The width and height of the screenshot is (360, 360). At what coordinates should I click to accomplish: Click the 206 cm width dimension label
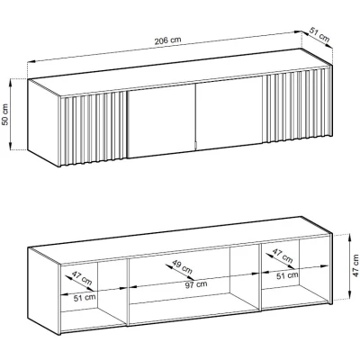click(167, 40)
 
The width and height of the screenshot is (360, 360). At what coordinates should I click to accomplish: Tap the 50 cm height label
click(5, 114)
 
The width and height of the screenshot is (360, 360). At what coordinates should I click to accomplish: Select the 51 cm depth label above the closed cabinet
click(319, 34)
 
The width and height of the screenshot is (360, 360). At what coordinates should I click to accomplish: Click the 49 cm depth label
click(182, 266)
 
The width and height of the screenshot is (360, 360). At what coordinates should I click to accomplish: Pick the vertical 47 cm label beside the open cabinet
click(355, 265)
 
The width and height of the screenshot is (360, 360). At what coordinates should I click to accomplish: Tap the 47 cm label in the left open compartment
click(81, 278)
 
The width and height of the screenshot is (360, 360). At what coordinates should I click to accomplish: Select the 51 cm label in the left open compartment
click(85, 298)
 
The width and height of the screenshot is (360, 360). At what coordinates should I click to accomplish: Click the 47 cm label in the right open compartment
click(283, 256)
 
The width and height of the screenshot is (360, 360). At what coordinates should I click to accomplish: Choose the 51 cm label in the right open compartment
click(287, 275)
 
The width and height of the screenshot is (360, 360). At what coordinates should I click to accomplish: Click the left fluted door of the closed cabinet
click(94, 129)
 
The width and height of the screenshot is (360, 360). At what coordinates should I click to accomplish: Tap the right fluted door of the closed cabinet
click(297, 105)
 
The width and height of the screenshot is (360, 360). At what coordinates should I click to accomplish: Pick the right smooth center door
click(229, 112)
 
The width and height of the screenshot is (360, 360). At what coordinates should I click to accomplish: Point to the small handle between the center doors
click(195, 145)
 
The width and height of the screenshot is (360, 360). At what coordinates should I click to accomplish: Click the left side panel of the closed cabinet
click(44, 122)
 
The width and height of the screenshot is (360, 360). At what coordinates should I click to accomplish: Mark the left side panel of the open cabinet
click(44, 291)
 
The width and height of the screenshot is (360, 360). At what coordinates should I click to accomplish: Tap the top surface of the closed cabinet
click(180, 73)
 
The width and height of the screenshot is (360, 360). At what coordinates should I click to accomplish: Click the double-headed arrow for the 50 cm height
click(12, 114)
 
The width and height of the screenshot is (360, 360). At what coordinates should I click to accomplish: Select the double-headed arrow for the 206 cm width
click(164, 47)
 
